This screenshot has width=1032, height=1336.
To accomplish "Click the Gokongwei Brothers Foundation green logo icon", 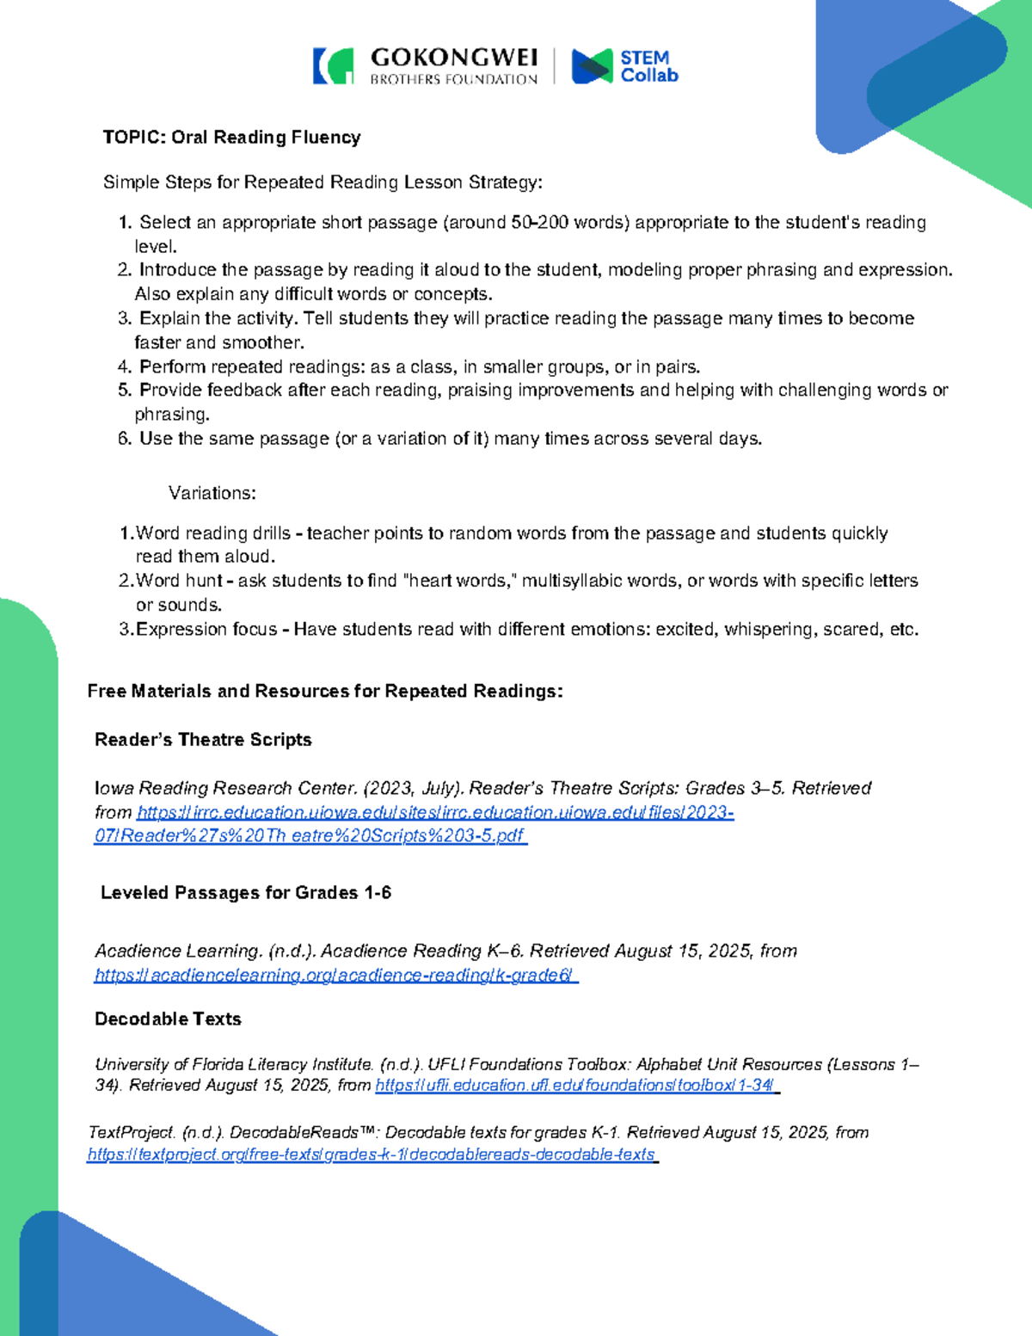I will pos(334,66).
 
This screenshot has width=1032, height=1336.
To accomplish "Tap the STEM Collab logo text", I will pos(648,67).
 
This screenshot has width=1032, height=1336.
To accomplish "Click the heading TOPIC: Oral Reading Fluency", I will pos(231,138).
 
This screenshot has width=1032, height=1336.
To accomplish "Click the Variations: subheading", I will pos(212,494).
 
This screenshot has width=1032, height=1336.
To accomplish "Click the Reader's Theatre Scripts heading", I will pos(203,740).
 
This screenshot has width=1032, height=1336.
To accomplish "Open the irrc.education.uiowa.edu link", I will pos(413,824).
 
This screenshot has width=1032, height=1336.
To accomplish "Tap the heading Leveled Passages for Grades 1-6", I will pos(246,893).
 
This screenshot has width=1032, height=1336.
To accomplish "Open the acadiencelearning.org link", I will pos(335,976).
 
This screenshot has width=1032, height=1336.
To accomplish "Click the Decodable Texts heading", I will pos(168,1019).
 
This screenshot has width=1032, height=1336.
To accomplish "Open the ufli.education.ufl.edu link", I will pos(576,1086).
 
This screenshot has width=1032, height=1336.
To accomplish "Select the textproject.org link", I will pos(372,1154).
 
